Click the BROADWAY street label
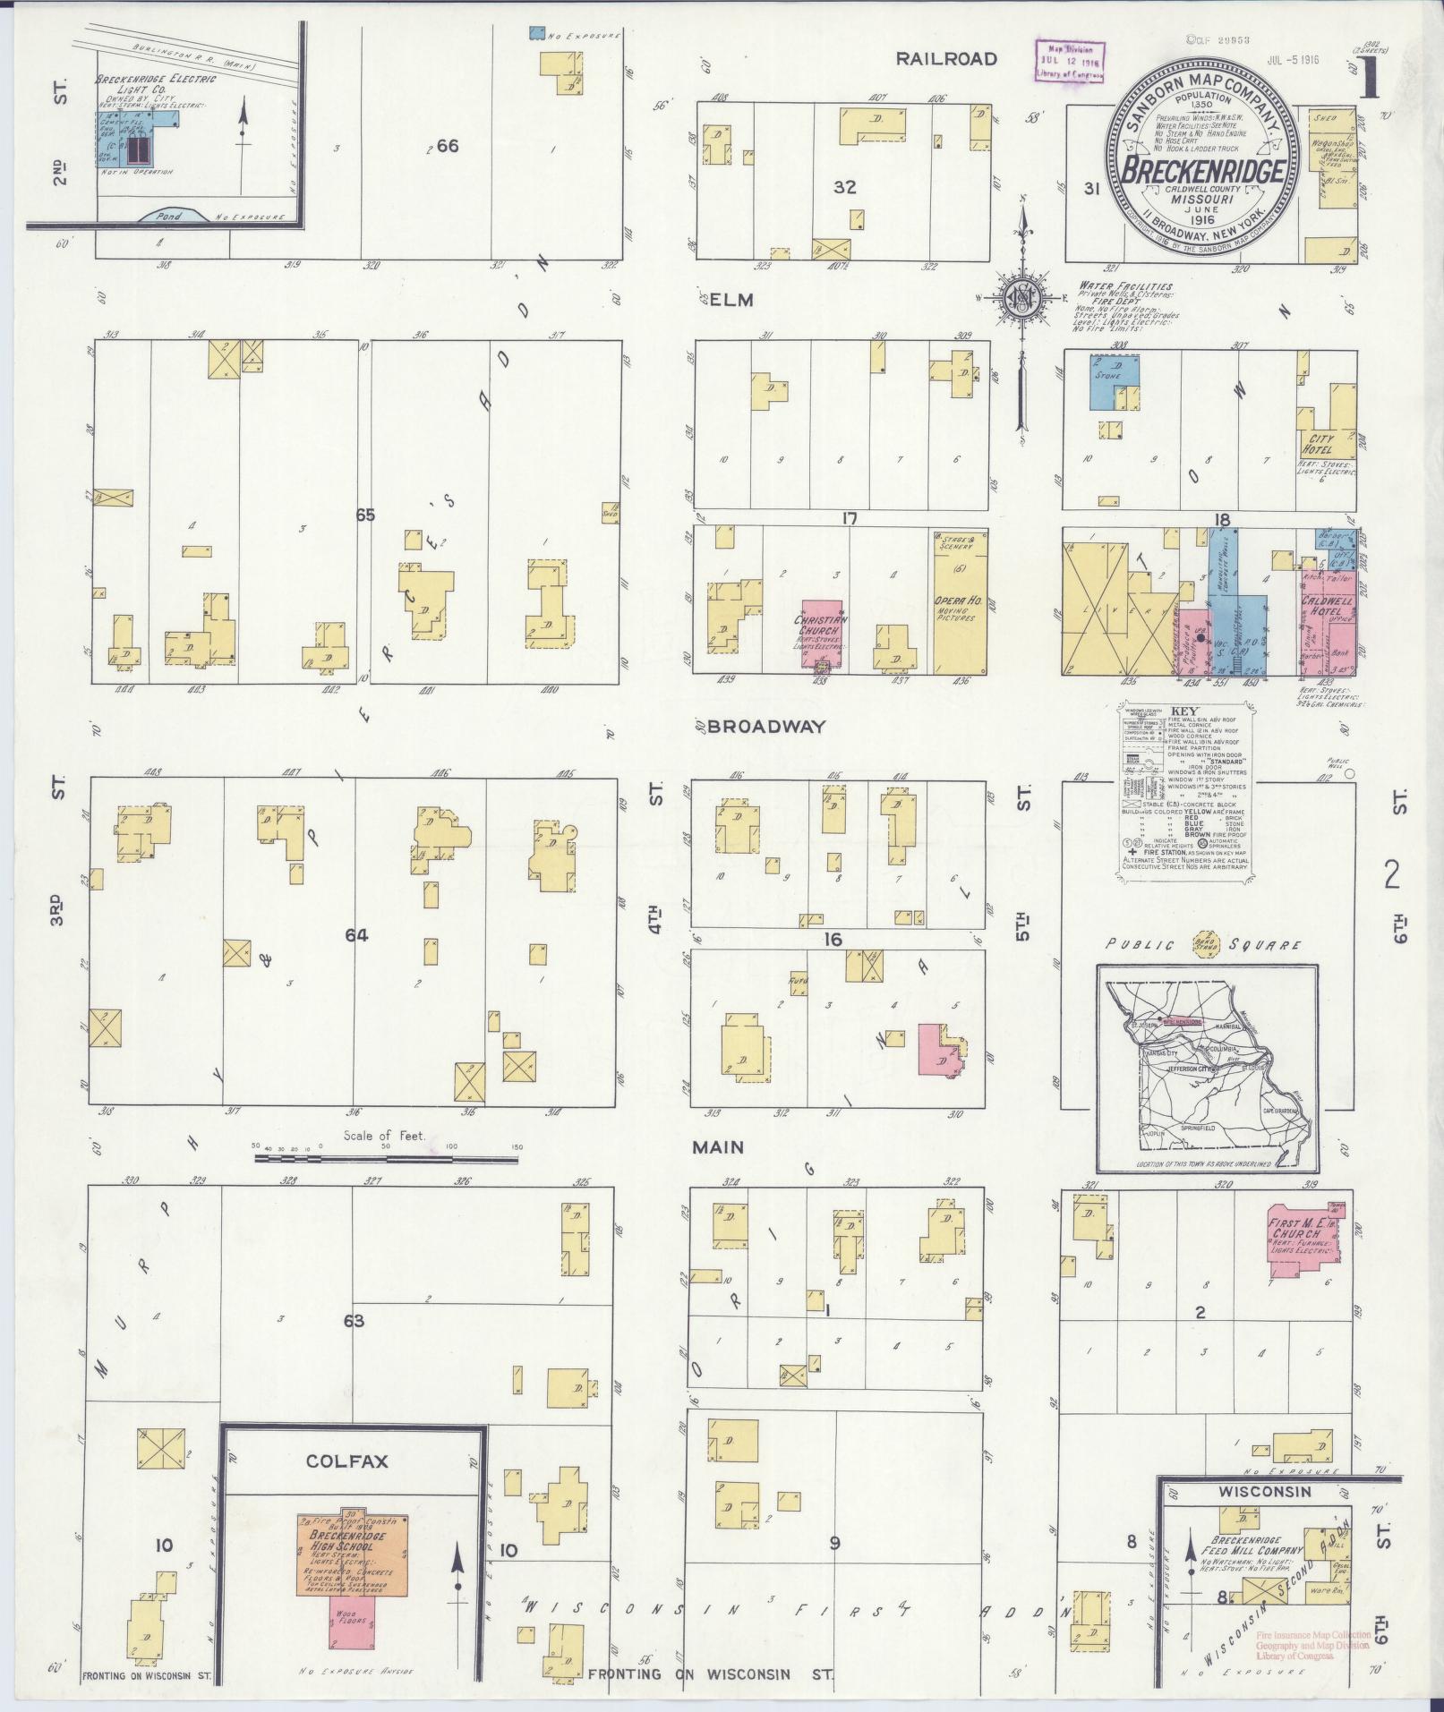coord(765,727)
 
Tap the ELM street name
coord(732,300)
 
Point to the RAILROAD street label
coord(947,59)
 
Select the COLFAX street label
coord(346,1461)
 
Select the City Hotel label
coord(1319,445)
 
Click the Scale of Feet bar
coord(386,1158)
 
